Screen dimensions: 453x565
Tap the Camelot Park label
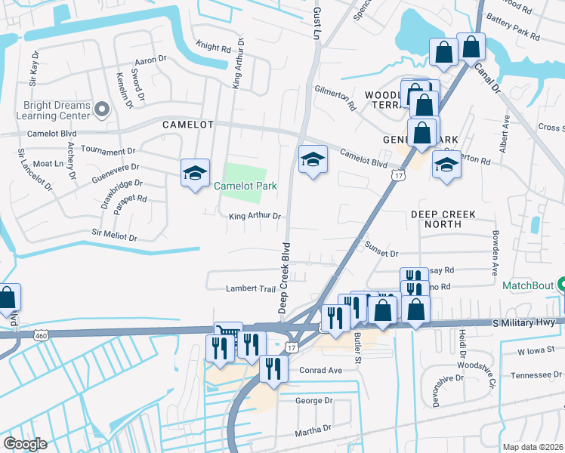click(245, 186)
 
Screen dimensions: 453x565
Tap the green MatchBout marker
click(562, 286)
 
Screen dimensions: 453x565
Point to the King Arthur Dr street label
click(255, 217)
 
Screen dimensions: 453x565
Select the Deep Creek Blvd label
click(284, 278)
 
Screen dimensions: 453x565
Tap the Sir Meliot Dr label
click(113, 236)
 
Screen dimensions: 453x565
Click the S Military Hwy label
click(529, 322)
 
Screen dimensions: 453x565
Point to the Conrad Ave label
click(320, 370)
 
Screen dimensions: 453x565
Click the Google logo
click(25, 443)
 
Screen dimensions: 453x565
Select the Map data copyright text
click(533, 447)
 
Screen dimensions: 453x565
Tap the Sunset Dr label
click(381, 254)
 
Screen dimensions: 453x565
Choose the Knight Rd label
click(213, 48)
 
